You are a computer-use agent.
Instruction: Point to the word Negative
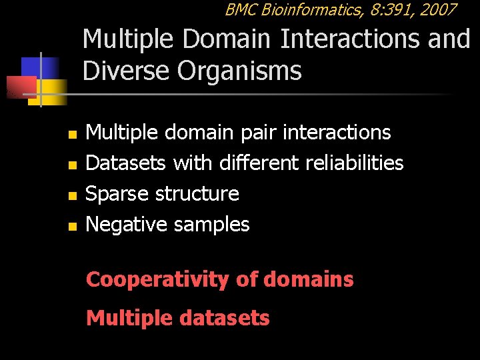click(x=127, y=225)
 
